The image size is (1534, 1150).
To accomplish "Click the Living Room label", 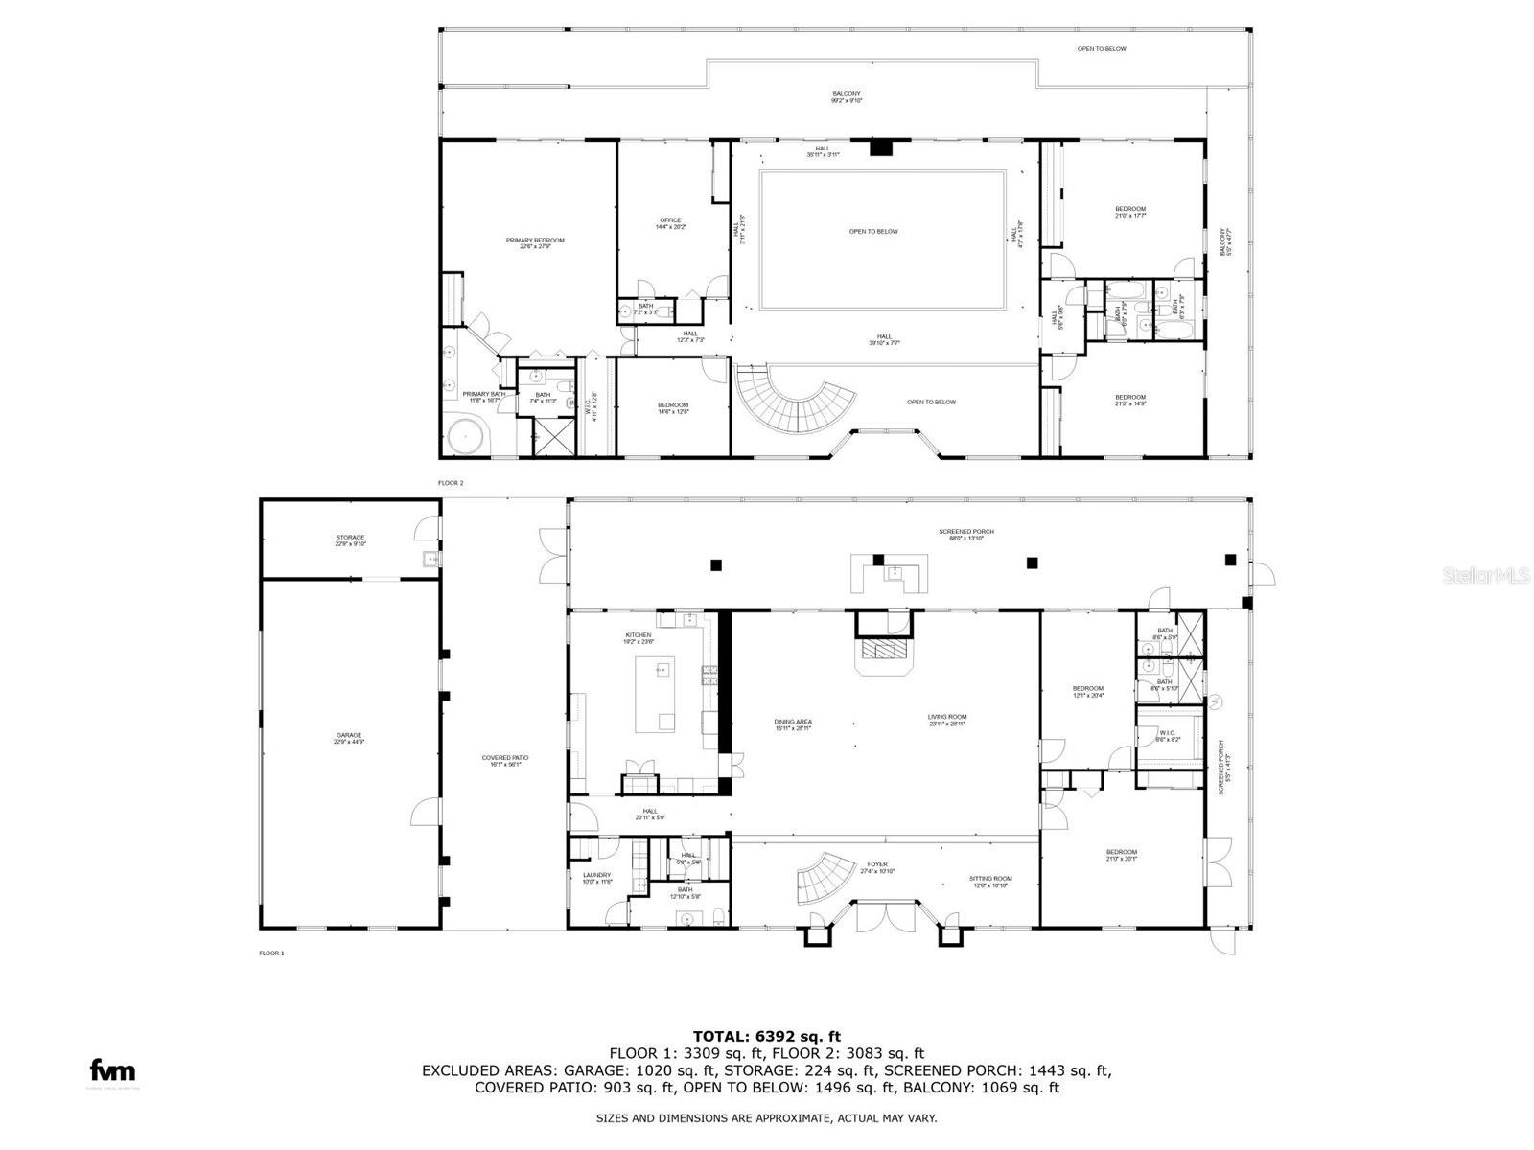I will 946,720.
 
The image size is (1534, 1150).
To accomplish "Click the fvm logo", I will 112,1070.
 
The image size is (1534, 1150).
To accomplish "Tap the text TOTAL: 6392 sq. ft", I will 766,1036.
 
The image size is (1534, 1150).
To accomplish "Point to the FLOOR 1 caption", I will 271,954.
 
